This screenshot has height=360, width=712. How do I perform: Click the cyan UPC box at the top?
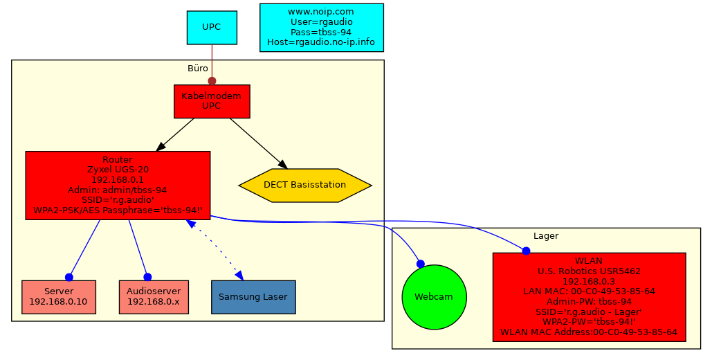(x=212, y=27)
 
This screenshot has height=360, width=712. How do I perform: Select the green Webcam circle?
(x=434, y=297)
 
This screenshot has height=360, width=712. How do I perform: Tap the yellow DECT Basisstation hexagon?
(x=305, y=186)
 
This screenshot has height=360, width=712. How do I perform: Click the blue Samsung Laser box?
(x=253, y=297)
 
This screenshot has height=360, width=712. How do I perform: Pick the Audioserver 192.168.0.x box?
(x=153, y=297)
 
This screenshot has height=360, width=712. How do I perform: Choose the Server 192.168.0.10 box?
(x=58, y=297)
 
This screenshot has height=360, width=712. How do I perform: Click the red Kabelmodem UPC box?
(x=211, y=101)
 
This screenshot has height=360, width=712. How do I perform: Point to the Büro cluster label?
(x=198, y=69)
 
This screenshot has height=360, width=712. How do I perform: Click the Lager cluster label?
(x=546, y=236)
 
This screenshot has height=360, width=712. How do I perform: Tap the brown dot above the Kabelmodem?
(x=212, y=81)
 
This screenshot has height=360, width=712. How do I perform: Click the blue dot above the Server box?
(x=69, y=277)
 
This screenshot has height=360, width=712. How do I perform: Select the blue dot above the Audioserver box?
(x=147, y=277)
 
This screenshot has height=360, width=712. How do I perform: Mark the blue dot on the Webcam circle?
(x=420, y=264)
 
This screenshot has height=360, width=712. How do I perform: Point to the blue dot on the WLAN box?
(x=526, y=251)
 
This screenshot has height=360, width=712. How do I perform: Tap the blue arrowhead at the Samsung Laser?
(x=239, y=275)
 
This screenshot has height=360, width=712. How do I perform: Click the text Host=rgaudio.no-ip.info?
(x=321, y=42)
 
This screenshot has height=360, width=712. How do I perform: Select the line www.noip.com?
(x=321, y=12)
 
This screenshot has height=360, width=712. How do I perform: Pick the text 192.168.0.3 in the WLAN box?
(x=589, y=281)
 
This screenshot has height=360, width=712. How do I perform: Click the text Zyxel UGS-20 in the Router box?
(x=118, y=169)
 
